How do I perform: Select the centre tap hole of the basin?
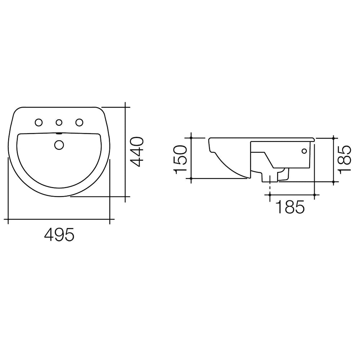[58, 123]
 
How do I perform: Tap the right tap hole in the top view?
[78, 123]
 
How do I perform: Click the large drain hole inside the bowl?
[59, 144]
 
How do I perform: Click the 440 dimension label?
[137, 152]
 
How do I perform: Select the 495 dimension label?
[59, 235]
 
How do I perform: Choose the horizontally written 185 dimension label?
[290, 207]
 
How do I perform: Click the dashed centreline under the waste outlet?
[270, 188]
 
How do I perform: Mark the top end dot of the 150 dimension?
[192, 138]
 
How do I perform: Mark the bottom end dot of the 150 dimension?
[192, 178]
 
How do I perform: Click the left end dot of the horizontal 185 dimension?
[270, 195]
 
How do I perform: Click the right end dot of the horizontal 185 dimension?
[315, 195]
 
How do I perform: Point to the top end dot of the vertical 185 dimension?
[334, 138]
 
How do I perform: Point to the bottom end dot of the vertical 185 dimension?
[334, 182]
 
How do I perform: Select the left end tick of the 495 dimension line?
[8, 219]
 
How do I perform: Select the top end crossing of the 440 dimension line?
[125, 107]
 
